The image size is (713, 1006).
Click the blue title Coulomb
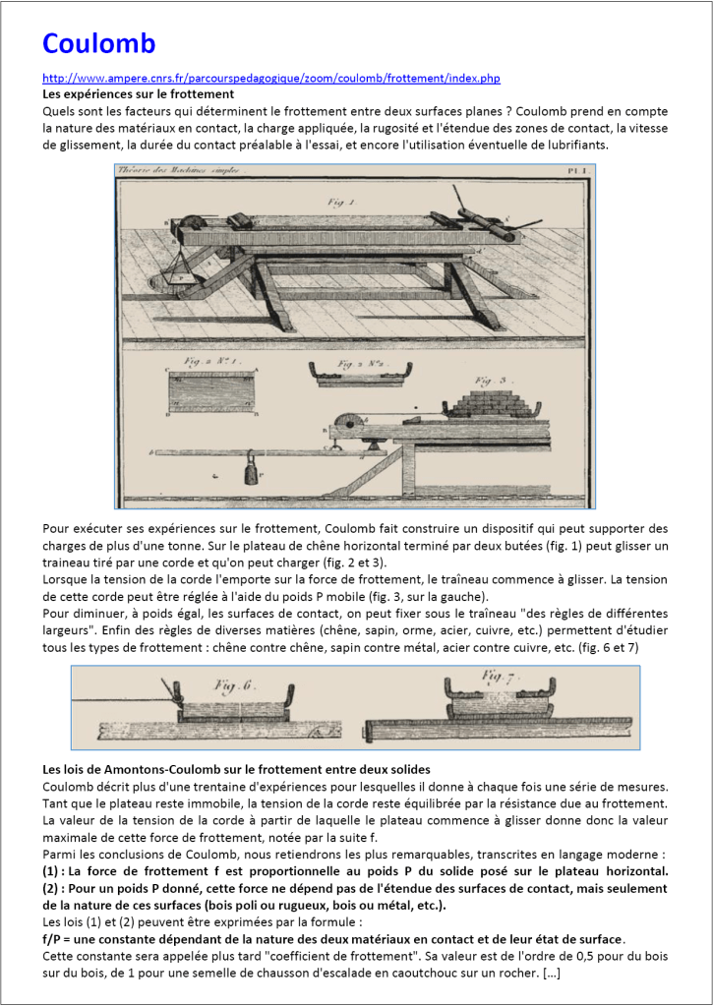click(98, 44)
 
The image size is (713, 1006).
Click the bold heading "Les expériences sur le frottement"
click(138, 94)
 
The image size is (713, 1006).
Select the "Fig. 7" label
click(502, 677)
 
